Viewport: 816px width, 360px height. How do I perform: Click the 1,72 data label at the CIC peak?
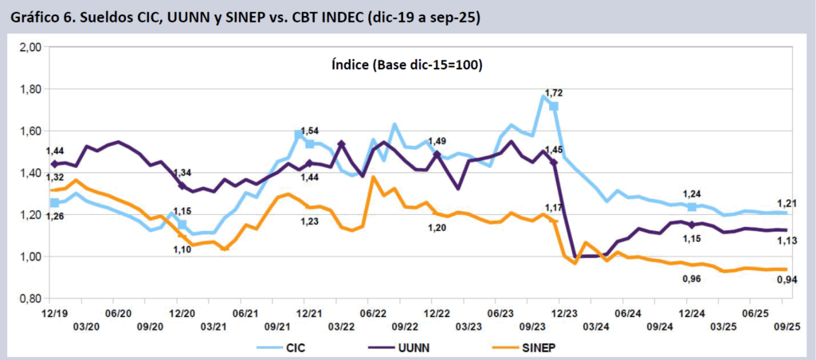(x=554, y=93)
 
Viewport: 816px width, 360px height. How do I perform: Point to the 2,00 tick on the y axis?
(x=29, y=48)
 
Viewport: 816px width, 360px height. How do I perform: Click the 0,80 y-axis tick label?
(x=29, y=299)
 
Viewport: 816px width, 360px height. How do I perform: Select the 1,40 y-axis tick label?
(x=29, y=173)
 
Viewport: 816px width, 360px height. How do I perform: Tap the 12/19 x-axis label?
(x=53, y=315)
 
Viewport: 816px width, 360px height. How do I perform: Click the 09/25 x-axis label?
(x=787, y=327)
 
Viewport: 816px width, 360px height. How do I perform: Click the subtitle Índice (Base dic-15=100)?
(x=406, y=65)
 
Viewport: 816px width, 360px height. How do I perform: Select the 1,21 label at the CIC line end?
(x=786, y=204)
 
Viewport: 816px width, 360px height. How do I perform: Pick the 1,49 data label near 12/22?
(x=437, y=141)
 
